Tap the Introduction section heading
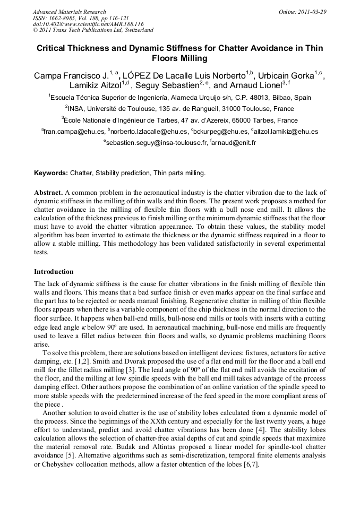54,272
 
